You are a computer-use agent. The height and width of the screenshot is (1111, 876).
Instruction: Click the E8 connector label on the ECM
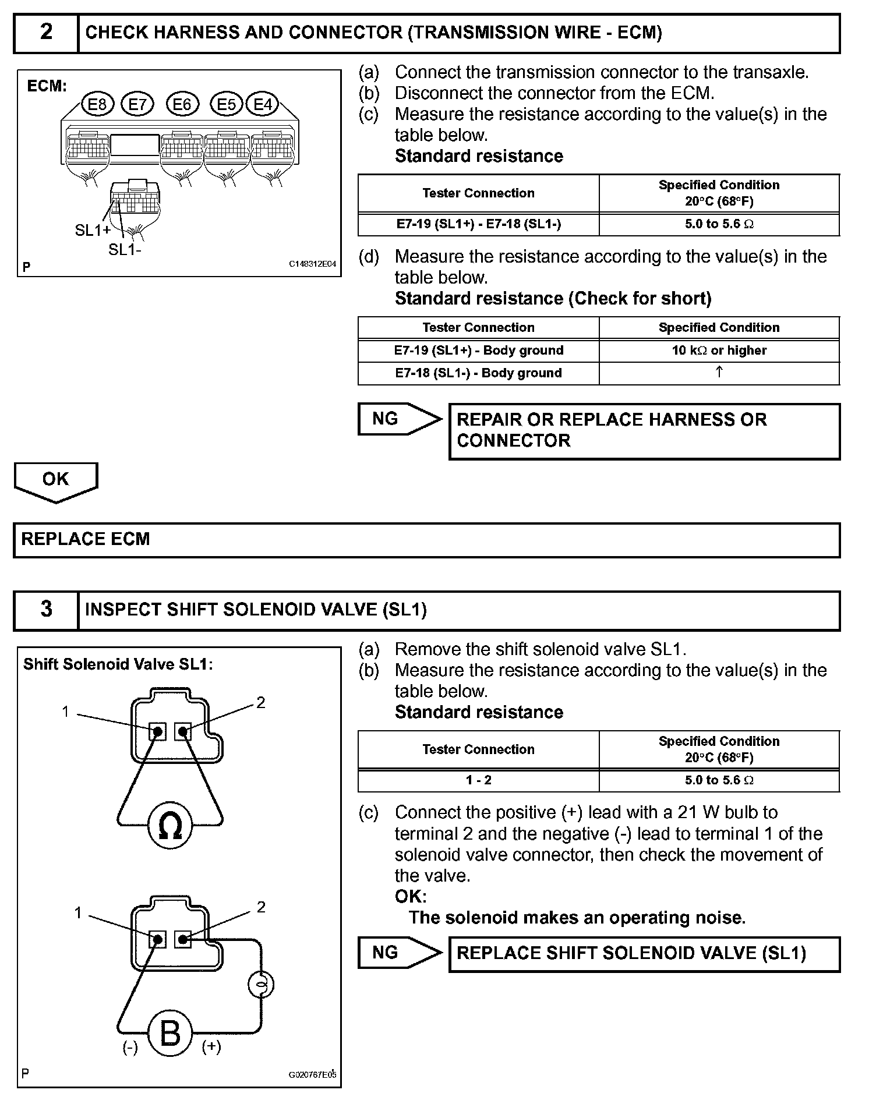(x=98, y=104)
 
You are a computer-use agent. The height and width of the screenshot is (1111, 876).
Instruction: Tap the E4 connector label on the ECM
(x=263, y=104)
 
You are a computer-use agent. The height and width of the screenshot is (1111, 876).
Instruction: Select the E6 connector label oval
(x=182, y=104)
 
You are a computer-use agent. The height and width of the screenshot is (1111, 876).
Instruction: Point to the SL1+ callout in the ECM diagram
(x=93, y=231)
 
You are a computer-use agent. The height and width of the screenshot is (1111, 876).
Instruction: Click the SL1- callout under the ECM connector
(x=125, y=250)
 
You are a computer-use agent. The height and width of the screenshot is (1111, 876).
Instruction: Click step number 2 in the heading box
(x=46, y=32)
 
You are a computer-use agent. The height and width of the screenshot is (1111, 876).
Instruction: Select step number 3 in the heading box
(x=46, y=610)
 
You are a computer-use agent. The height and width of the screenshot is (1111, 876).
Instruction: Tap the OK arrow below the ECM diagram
(x=56, y=480)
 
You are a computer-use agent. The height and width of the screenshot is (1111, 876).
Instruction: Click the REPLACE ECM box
(x=426, y=540)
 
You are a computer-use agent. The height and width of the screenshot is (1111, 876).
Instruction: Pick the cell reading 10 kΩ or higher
(x=719, y=351)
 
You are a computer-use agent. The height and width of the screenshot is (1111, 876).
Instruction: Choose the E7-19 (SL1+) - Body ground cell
(x=478, y=351)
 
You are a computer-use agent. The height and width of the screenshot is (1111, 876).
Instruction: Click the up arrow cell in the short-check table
(x=719, y=373)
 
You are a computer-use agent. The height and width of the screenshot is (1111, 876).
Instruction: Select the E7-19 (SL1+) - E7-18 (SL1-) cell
(x=478, y=224)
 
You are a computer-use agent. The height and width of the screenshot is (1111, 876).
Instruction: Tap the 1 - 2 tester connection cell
(x=478, y=780)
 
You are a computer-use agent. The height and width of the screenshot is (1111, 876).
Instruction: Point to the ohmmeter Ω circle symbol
(x=170, y=826)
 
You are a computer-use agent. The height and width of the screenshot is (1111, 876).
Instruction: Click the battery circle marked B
(x=170, y=1034)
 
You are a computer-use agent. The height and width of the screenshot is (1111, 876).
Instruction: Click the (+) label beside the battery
(x=211, y=1047)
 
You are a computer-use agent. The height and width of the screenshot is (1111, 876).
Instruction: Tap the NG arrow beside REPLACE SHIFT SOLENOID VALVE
(x=399, y=953)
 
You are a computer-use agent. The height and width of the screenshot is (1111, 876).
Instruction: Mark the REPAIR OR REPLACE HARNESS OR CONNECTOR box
(x=644, y=431)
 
